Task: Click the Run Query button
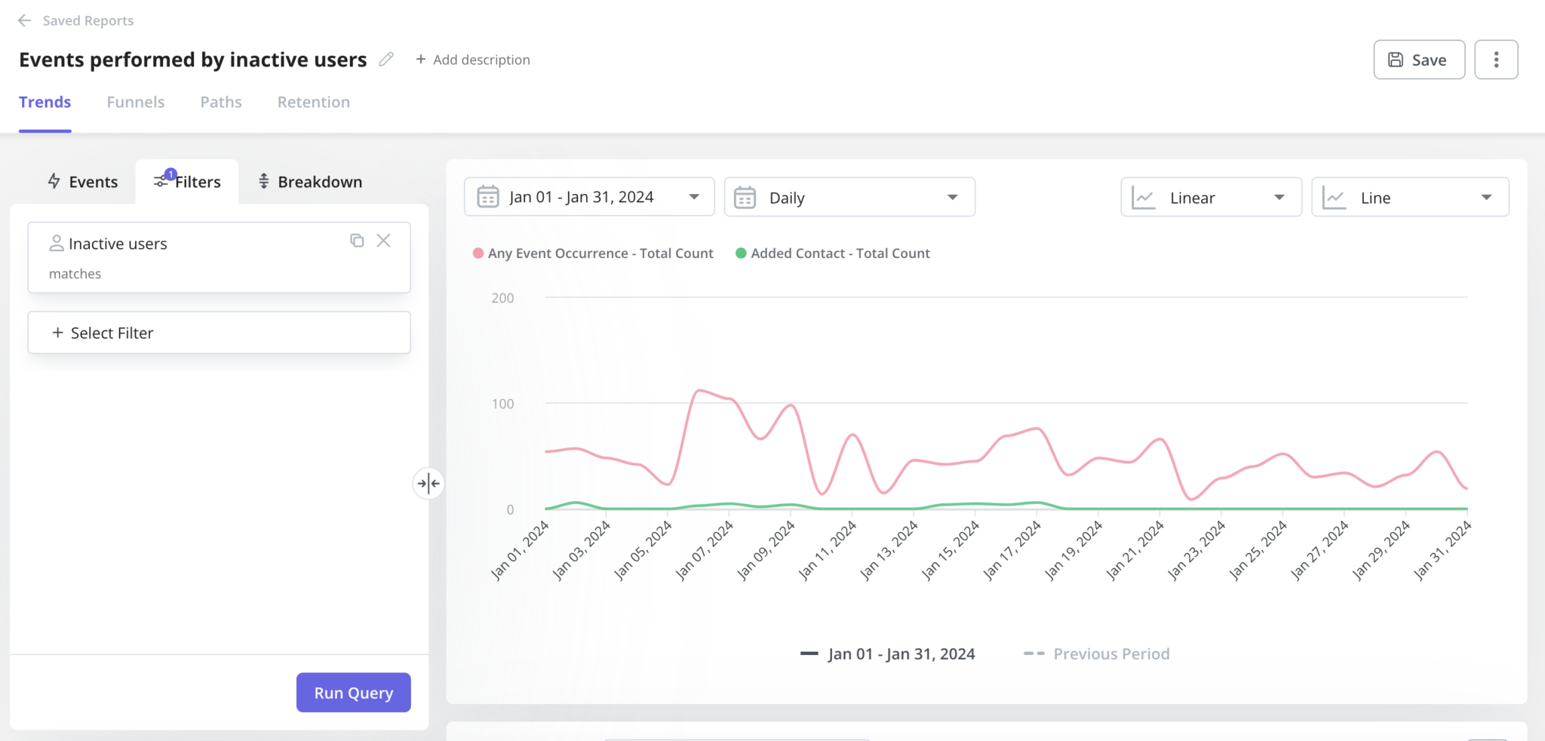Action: [x=353, y=692]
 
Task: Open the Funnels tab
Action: [x=136, y=102]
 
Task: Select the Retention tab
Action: [x=313, y=102]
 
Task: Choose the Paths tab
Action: [x=221, y=102]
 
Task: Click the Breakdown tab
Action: [x=310, y=182]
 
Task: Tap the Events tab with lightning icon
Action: [x=83, y=182]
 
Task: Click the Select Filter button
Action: [x=219, y=333]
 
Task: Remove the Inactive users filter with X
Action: [x=383, y=241]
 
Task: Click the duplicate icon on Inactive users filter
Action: [x=357, y=241]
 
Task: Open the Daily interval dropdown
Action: [x=849, y=198]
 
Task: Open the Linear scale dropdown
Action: [x=1210, y=198]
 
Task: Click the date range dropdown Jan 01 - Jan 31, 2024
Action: [x=588, y=198]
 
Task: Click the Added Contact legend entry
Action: [x=833, y=254]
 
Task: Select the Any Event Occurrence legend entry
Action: [x=593, y=254]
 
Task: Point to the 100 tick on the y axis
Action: [x=502, y=404]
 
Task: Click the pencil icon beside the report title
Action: [x=386, y=60]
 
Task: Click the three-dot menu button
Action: [x=1496, y=60]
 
